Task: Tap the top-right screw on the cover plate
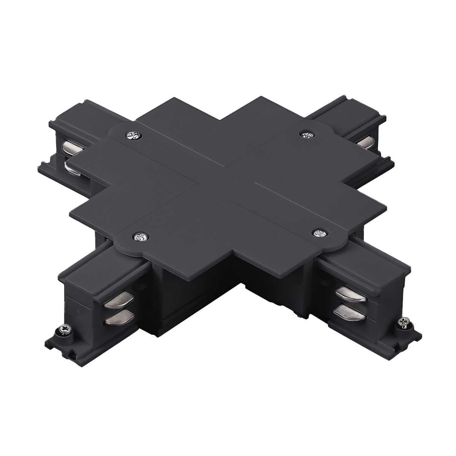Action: tap(306, 134)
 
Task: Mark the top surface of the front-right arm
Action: tap(361, 266)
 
